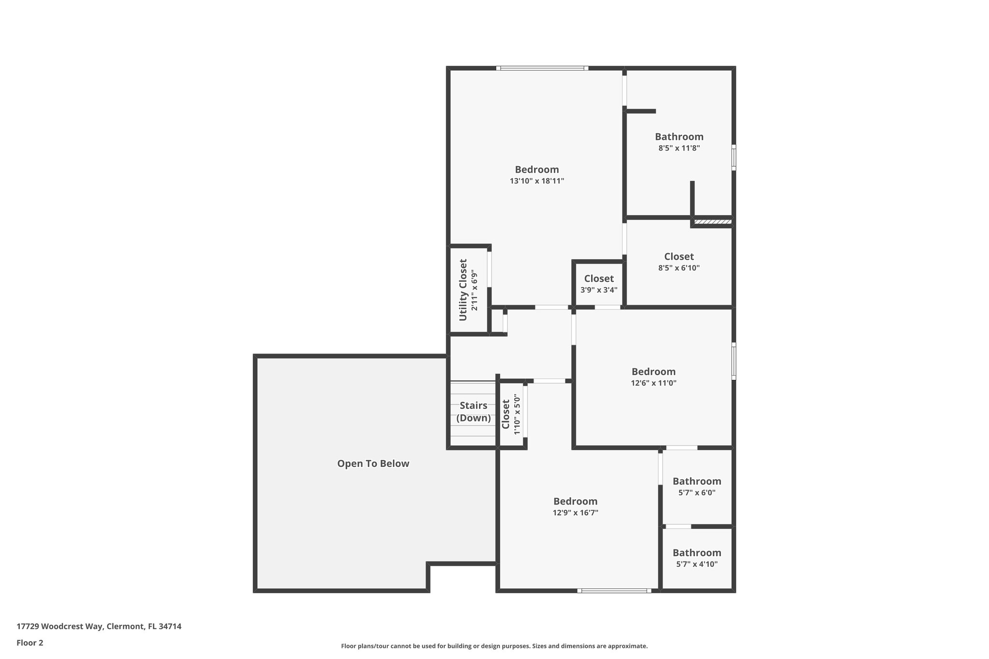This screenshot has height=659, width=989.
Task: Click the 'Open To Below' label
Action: point(373,463)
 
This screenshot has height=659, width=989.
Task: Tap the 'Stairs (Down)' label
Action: point(473,412)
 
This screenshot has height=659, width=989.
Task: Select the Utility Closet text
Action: point(463,290)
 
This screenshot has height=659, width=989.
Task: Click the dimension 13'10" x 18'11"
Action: point(537,181)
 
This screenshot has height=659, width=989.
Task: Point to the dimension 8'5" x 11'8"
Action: point(679,148)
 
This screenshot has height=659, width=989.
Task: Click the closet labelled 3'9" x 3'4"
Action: point(599,284)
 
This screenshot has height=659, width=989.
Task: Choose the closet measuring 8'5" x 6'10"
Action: point(678,262)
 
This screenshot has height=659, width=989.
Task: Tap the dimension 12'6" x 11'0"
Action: point(653,383)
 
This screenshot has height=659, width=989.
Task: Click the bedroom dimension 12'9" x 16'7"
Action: point(575,513)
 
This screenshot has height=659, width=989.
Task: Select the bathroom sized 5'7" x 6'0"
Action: point(696,487)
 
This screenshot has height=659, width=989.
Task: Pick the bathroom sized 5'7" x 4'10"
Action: point(696,558)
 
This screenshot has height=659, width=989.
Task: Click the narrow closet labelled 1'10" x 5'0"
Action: point(511,414)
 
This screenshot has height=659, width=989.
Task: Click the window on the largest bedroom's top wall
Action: point(542,68)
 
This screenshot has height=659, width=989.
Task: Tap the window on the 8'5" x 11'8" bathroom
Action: point(734,157)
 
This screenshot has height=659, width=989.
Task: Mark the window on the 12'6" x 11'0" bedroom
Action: point(734,361)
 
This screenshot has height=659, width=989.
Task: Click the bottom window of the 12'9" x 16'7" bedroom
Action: point(614,590)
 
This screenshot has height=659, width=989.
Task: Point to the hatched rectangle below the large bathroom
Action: point(712,222)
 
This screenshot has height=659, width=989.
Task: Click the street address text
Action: point(99,626)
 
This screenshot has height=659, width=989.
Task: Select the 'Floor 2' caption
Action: point(30,643)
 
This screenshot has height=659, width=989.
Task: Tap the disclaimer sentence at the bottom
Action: point(494,646)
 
